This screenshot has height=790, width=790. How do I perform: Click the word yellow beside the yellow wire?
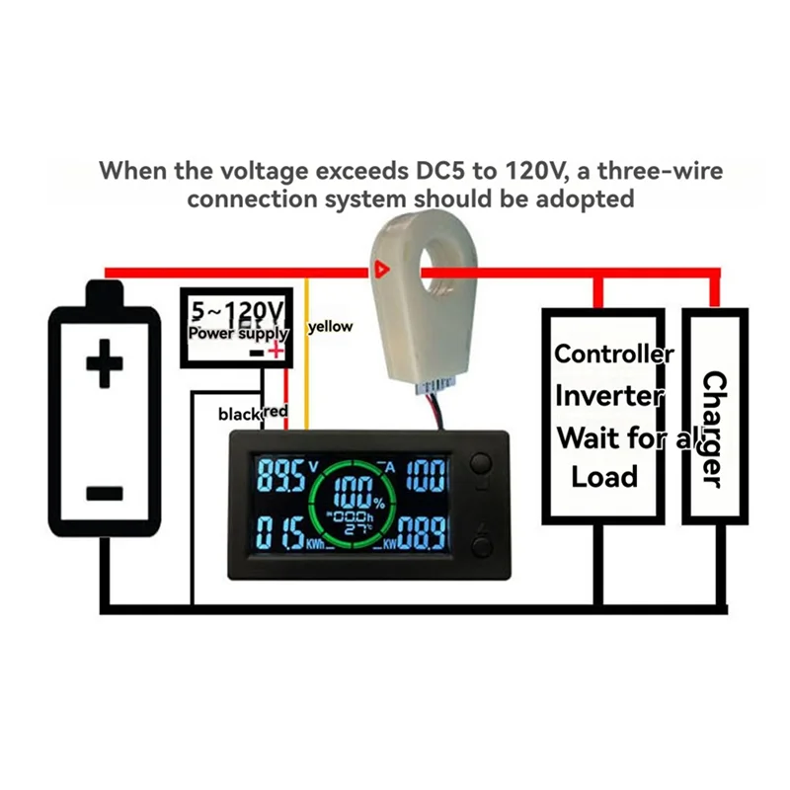331,327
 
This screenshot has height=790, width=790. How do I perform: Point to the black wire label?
239,414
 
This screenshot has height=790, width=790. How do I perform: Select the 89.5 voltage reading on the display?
280,477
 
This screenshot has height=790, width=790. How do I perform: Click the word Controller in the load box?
613,354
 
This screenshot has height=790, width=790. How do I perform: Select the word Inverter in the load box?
608,396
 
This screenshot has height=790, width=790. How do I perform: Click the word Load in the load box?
604,476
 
